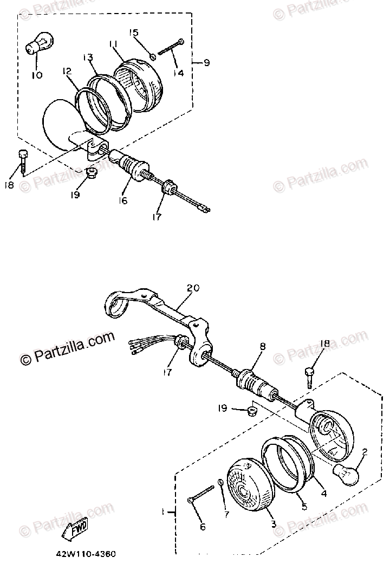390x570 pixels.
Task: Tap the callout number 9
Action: click(206, 63)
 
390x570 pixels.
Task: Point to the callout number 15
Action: click(134, 33)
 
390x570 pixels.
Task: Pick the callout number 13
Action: click(88, 57)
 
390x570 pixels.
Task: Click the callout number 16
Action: click(123, 200)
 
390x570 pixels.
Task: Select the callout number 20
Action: click(189, 288)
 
